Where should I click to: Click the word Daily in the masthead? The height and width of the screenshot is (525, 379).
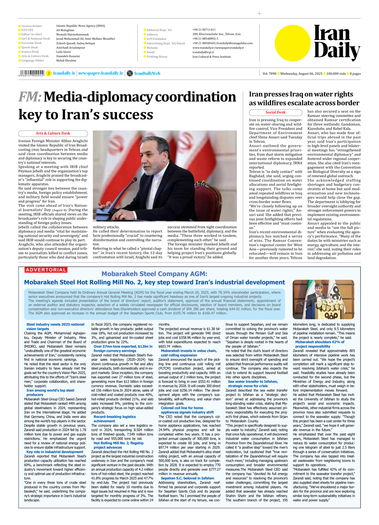point(337,51)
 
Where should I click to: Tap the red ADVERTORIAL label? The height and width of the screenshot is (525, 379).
point(46,270)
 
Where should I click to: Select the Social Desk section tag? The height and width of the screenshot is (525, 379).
point(275,112)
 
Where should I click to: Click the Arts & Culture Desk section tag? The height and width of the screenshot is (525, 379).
point(53,133)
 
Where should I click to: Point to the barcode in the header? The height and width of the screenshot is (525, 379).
point(31,73)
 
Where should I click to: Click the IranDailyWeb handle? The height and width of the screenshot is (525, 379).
point(147,73)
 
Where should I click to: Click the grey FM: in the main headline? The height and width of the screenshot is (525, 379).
point(30,97)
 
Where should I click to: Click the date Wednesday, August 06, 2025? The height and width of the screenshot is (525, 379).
point(301,74)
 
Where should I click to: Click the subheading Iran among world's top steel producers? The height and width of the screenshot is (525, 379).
point(50,392)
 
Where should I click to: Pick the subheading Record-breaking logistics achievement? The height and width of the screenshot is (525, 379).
point(115,419)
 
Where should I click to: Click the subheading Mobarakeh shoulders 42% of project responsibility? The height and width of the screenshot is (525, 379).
point(320,344)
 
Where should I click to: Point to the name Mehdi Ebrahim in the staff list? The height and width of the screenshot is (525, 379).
point(66,61)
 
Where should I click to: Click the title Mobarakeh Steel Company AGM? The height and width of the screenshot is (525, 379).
point(154,274)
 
